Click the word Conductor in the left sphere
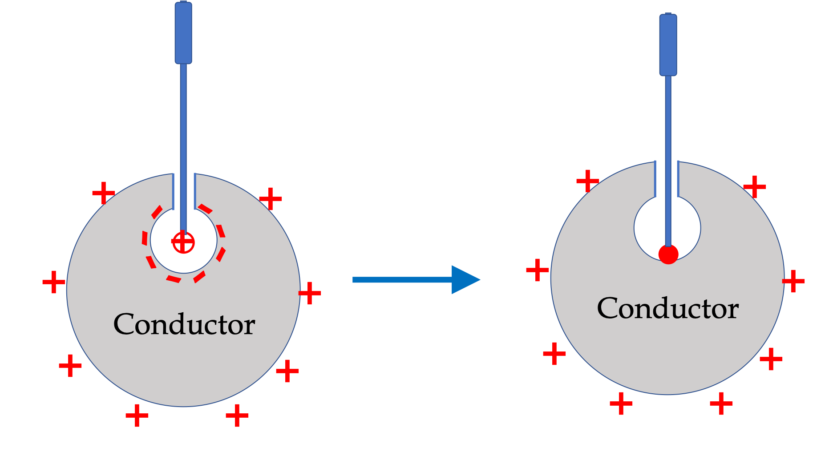[x=184, y=324]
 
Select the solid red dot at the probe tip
[x=668, y=254]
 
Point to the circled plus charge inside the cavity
[x=183, y=242]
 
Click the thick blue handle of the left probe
[x=183, y=33]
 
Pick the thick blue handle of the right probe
[x=668, y=44]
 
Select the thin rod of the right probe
[x=668, y=161]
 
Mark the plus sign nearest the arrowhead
[x=538, y=270]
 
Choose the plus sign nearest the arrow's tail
[x=310, y=293]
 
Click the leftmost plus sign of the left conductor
[x=54, y=282]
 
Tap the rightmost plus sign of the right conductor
[x=793, y=281]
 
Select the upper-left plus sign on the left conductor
[x=104, y=193]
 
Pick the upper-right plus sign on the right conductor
[x=755, y=187]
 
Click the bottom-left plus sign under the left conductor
[x=137, y=416]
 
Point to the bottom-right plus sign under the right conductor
[x=721, y=404]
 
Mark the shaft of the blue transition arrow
[x=402, y=280]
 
